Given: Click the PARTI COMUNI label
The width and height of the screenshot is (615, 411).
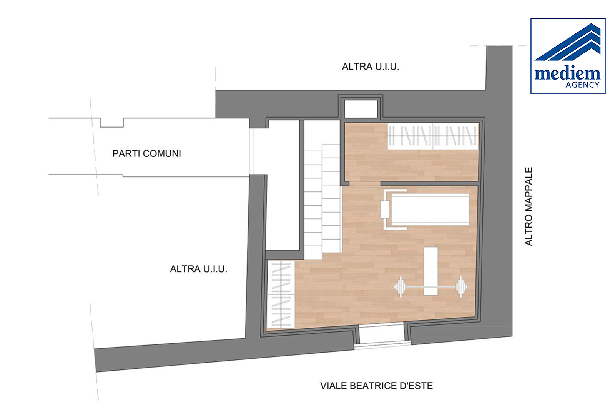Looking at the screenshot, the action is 146,153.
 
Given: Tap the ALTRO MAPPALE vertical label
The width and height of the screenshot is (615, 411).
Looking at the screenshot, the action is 529,206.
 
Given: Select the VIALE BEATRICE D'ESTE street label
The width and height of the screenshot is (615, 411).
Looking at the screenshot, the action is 376,386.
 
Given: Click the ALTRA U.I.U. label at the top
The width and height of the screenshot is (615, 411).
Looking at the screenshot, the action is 371,67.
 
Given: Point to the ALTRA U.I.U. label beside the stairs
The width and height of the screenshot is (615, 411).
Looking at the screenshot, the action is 198,269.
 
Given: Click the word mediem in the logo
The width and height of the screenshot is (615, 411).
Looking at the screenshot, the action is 567,73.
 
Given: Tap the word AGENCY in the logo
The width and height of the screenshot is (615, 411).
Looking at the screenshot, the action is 582,85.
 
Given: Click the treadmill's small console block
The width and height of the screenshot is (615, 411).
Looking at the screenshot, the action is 385,209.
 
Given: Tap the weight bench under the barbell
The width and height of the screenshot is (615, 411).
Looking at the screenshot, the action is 430,271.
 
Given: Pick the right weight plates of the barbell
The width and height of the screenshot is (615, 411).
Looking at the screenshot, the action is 462,287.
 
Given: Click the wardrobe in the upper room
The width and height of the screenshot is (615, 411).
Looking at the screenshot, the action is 433,136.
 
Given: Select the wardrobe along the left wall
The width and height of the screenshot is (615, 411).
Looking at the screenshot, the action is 281,294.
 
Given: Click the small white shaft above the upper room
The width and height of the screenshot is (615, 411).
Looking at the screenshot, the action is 361,109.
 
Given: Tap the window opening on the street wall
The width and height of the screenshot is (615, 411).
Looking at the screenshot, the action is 382,336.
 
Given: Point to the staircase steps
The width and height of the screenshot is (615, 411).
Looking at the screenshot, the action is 322,201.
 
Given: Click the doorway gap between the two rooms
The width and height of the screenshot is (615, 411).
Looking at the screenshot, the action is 365,184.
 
